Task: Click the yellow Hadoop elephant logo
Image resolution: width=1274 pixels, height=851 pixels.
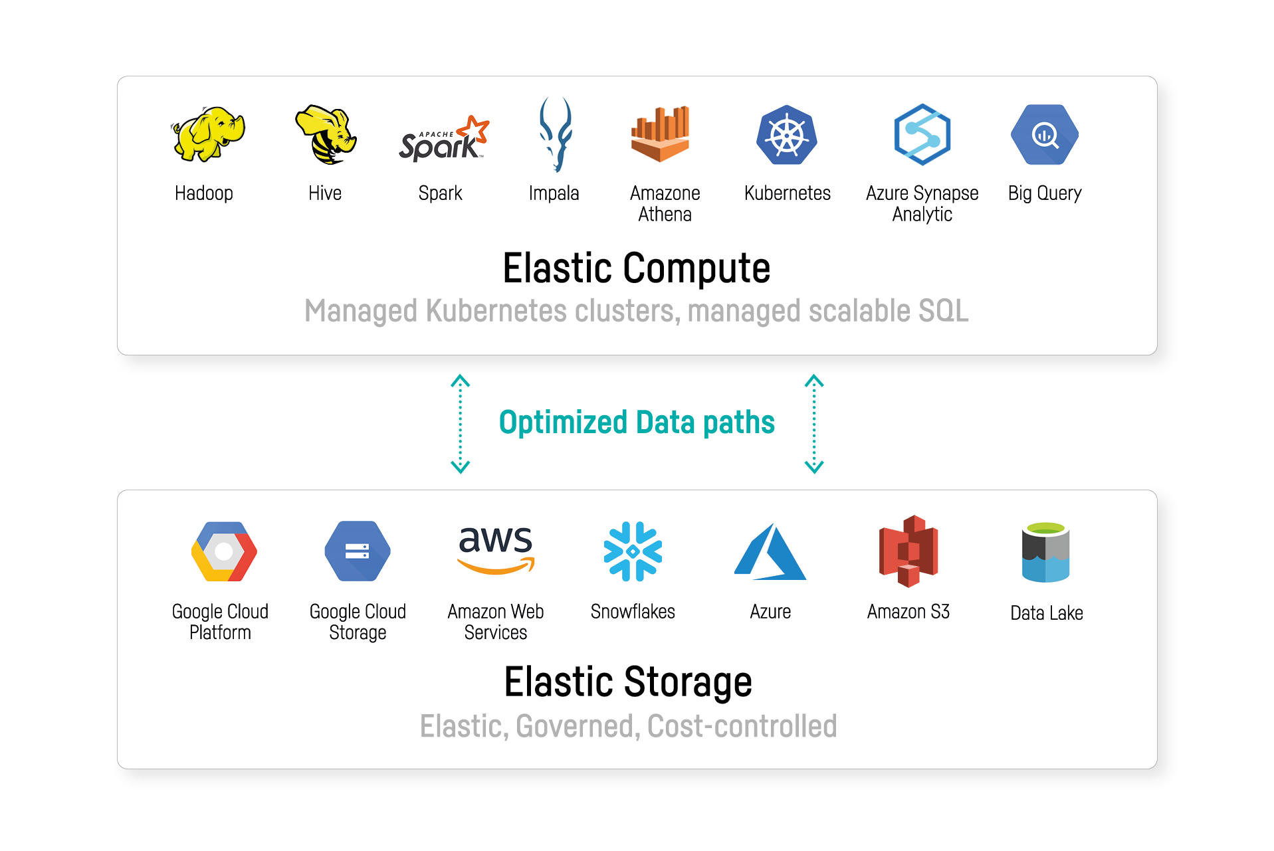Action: [x=208, y=134]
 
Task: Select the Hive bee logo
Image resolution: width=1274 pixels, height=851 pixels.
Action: [x=326, y=134]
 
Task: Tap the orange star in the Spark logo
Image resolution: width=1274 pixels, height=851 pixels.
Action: [x=477, y=128]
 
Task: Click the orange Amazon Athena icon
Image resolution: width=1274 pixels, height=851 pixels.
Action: [x=660, y=134]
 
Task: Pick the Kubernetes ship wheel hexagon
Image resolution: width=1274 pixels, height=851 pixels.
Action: [x=787, y=135]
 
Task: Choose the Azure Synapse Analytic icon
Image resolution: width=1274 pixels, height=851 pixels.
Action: [x=922, y=134]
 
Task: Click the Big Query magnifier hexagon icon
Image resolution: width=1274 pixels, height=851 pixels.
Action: [x=1045, y=135]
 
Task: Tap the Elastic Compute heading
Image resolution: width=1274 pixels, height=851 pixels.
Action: [x=636, y=268]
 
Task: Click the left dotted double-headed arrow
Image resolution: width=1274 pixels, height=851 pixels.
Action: [x=461, y=424]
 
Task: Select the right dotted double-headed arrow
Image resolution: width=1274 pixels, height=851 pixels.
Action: [x=814, y=424]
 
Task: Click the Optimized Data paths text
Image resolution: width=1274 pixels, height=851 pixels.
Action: [x=637, y=423]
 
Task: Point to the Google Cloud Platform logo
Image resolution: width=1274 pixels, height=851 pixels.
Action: [x=224, y=551]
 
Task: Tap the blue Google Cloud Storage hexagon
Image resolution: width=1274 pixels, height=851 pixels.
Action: [x=358, y=551]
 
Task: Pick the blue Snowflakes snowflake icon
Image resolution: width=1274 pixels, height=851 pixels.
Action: [x=633, y=551]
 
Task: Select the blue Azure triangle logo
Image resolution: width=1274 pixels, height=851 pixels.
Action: [x=770, y=553]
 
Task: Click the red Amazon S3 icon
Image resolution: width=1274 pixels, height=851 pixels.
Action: [x=908, y=551]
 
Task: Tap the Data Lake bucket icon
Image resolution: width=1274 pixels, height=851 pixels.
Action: [x=1045, y=553]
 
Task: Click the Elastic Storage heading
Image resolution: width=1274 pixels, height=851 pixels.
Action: [x=628, y=682]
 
